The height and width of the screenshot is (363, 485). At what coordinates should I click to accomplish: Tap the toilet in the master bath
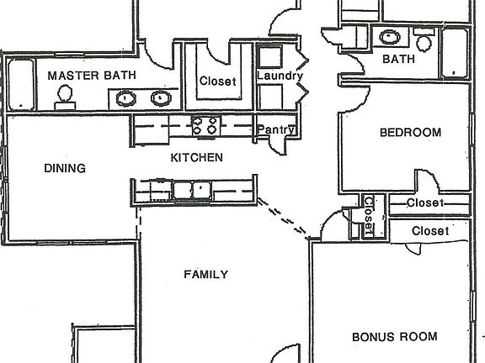[63, 100]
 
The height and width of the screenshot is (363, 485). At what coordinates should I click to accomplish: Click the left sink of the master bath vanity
[125, 98]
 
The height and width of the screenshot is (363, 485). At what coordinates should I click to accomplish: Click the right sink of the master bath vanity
[159, 98]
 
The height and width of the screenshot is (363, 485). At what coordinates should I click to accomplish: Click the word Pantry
[275, 129]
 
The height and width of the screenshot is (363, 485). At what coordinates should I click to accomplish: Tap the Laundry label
[279, 76]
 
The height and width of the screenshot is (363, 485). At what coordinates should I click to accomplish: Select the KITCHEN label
[196, 157]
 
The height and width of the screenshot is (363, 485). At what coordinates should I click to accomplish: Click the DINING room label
[65, 168]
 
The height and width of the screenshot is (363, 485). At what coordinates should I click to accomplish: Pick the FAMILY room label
[206, 274]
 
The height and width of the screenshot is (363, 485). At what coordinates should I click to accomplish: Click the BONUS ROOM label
[394, 337]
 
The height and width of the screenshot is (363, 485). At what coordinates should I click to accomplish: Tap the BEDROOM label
[410, 132]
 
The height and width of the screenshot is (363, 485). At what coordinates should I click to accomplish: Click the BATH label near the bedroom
[398, 60]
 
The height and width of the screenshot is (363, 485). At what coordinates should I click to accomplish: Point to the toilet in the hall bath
[424, 39]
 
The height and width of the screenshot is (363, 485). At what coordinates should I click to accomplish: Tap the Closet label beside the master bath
[217, 81]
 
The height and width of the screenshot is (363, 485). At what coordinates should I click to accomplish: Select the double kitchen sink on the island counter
[193, 189]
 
